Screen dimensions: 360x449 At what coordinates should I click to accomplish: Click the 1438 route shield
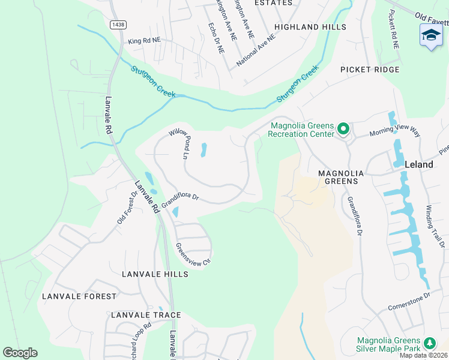point(118,24)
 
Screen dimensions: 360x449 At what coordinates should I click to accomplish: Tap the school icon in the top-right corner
point(431,35)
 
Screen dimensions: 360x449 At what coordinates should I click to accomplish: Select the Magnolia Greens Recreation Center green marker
point(343,129)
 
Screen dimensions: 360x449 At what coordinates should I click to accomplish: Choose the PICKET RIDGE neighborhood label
point(369,70)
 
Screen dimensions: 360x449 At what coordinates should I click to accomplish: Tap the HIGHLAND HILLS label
point(310,27)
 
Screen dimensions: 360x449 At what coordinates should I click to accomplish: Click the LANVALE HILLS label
point(155,274)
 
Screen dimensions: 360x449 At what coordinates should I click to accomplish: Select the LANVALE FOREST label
point(79,296)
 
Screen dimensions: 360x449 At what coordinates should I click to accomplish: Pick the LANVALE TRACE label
point(146,315)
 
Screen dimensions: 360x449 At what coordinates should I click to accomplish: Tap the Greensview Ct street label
point(193,254)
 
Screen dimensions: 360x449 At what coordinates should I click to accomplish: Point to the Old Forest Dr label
point(127,208)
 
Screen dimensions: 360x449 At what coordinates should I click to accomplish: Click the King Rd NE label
point(145,40)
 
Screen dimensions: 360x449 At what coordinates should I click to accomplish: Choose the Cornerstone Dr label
point(411,296)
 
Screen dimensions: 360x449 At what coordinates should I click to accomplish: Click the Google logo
point(20,353)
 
